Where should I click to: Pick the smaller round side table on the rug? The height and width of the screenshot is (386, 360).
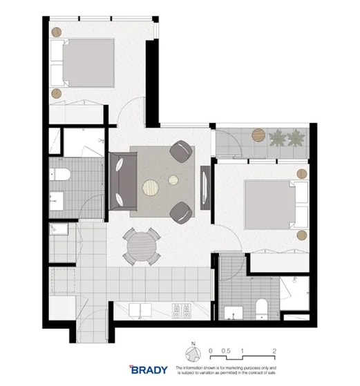tap(173, 180)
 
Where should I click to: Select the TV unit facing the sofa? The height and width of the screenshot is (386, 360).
tap(205, 183)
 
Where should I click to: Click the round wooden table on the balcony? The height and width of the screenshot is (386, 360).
tap(258, 134)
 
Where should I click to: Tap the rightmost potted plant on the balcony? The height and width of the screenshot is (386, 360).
tap(298, 138)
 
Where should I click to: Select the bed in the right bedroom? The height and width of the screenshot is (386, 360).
tap(270, 205)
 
